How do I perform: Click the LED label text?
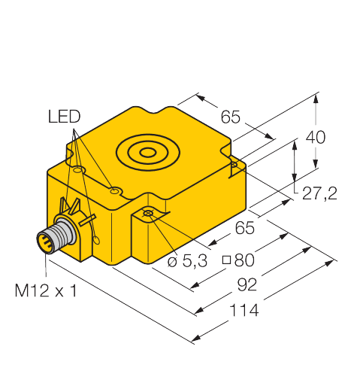coord(64,117)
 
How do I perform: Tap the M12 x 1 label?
coord(47,290)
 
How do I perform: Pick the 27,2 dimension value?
coord(319,195)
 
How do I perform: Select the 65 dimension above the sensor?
coord(230,117)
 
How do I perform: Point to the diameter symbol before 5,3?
coord(171,261)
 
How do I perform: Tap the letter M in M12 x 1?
coord(23,290)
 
